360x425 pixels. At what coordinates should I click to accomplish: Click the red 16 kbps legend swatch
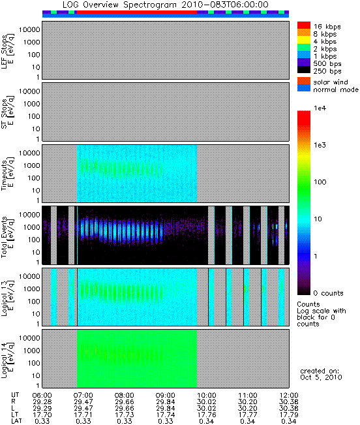(304, 25)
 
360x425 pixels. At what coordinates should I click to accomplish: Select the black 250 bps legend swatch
(304, 70)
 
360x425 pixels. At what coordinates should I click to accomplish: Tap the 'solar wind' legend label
(331, 82)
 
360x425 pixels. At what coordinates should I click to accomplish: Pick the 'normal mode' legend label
(336, 89)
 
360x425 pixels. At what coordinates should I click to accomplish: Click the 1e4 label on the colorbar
(320, 108)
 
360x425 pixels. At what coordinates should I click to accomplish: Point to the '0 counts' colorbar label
(328, 293)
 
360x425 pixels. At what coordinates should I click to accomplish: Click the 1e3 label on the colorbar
(320, 145)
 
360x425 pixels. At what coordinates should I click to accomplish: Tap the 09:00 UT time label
(166, 395)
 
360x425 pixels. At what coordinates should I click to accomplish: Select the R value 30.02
(207, 401)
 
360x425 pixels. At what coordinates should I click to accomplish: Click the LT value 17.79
(289, 415)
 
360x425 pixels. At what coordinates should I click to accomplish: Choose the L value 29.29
(42, 408)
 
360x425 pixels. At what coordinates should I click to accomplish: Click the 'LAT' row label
(16, 421)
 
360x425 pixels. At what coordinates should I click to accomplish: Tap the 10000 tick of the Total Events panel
(29, 215)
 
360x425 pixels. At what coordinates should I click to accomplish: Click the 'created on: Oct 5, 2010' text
(321, 374)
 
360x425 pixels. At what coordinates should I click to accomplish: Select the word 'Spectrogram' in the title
(150, 5)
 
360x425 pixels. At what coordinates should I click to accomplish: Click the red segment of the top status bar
(137, 12)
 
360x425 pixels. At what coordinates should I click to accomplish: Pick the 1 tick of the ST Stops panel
(38, 139)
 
